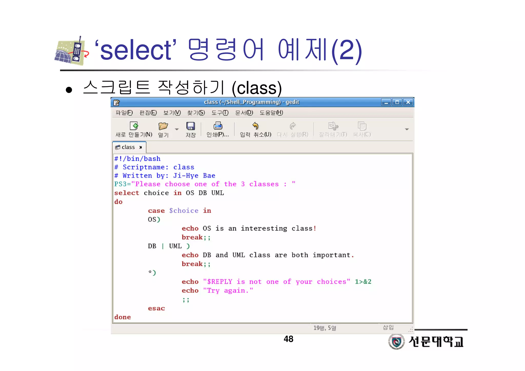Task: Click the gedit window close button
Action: pyautogui.click(x=408, y=102)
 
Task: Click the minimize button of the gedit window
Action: pyautogui.click(x=386, y=102)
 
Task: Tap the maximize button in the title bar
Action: pyautogui.click(x=397, y=102)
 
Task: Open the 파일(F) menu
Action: pyautogui.click(x=124, y=113)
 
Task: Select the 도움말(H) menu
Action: pyautogui.click(x=271, y=113)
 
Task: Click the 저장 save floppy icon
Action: pyautogui.click(x=190, y=126)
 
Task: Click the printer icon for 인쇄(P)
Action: pyautogui.click(x=218, y=126)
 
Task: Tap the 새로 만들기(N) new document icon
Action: pyautogui.click(x=134, y=126)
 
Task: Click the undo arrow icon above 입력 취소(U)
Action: pyautogui.click(x=255, y=126)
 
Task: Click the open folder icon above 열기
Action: pyautogui.click(x=163, y=126)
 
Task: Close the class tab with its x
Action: pyautogui.click(x=140, y=147)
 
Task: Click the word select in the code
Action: pyautogui.click(x=127, y=193)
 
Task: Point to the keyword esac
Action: pyautogui.click(x=156, y=308)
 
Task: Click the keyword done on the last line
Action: pyautogui.click(x=123, y=317)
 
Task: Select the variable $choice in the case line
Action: pyautogui.click(x=184, y=211)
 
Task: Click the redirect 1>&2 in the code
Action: pyautogui.click(x=363, y=282)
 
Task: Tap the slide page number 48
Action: pyautogui.click(x=288, y=339)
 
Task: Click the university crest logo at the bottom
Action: pyautogui.click(x=396, y=342)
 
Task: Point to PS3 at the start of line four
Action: pyautogui.click(x=120, y=184)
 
